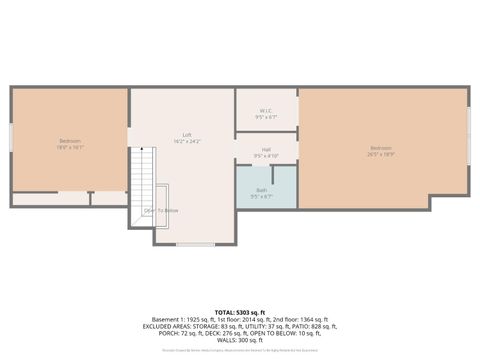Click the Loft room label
[x=187, y=135]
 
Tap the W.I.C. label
[x=266, y=111]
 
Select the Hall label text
[x=266, y=149]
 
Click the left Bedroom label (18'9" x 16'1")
[x=70, y=141]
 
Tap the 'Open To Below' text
[x=161, y=210]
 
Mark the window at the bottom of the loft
[x=195, y=244]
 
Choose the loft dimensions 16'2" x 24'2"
[x=187, y=141]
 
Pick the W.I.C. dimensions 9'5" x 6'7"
[x=266, y=117]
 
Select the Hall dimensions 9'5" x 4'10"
[x=266, y=155]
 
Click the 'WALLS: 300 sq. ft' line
[x=240, y=340]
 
